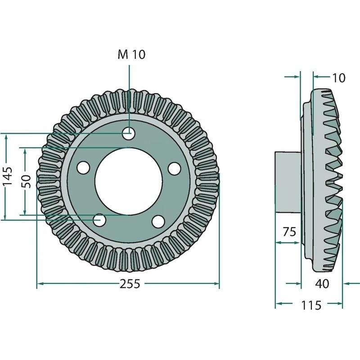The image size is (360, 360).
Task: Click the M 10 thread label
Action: [x=131, y=54]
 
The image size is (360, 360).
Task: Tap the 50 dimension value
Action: [x=27, y=181]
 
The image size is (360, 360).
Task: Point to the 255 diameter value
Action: [x=130, y=284]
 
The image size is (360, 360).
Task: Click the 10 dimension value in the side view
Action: [x=338, y=78]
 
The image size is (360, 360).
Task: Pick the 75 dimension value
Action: [x=289, y=232]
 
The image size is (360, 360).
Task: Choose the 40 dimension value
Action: [x=323, y=284]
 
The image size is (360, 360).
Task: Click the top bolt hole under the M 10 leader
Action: [x=129, y=133]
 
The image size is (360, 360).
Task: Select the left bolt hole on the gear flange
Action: [x=83, y=167]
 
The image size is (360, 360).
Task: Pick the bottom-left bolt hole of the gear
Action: [x=99, y=220]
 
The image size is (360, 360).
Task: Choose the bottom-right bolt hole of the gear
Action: [x=158, y=221]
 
